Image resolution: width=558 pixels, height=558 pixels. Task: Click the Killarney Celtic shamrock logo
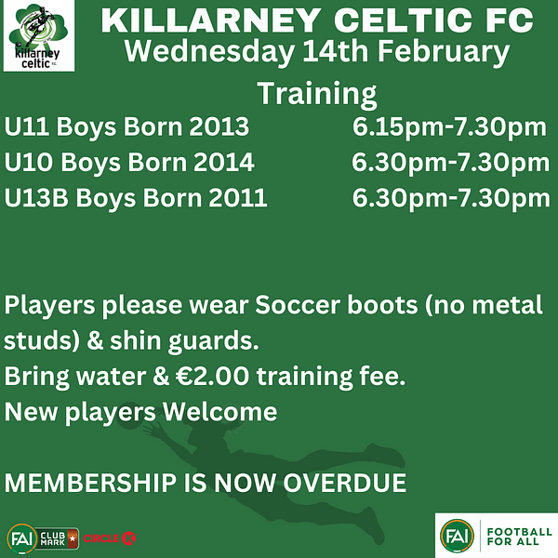click(x=39, y=35)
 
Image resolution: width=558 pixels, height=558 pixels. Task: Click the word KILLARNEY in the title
click(x=211, y=20)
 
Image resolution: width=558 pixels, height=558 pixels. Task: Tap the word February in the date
click(x=444, y=53)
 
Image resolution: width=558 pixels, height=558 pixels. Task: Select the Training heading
click(x=317, y=94)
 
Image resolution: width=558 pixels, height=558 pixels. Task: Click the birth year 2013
click(x=219, y=126)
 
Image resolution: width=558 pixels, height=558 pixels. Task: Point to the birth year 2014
click(x=223, y=162)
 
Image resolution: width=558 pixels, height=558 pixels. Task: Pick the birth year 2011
click(x=238, y=198)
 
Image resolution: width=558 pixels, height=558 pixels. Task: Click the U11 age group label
click(x=27, y=126)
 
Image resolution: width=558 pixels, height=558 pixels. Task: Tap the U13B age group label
click(x=36, y=198)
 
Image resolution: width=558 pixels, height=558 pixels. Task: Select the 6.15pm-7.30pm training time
click(x=449, y=127)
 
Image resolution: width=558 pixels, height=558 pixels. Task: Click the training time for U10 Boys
click(x=450, y=163)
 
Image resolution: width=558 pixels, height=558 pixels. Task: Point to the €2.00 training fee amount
click(x=212, y=376)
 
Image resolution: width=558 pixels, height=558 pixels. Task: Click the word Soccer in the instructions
click(x=298, y=305)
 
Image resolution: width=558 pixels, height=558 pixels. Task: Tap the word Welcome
click(x=219, y=412)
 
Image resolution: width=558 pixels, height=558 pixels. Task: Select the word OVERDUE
click(x=344, y=483)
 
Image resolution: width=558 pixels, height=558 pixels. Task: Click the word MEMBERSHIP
click(x=90, y=483)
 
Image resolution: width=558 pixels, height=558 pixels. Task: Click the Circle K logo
click(x=110, y=538)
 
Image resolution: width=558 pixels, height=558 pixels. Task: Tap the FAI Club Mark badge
click(x=43, y=538)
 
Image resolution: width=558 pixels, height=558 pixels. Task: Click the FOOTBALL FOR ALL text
click(x=519, y=537)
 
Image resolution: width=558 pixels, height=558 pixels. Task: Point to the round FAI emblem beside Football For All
click(x=457, y=536)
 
